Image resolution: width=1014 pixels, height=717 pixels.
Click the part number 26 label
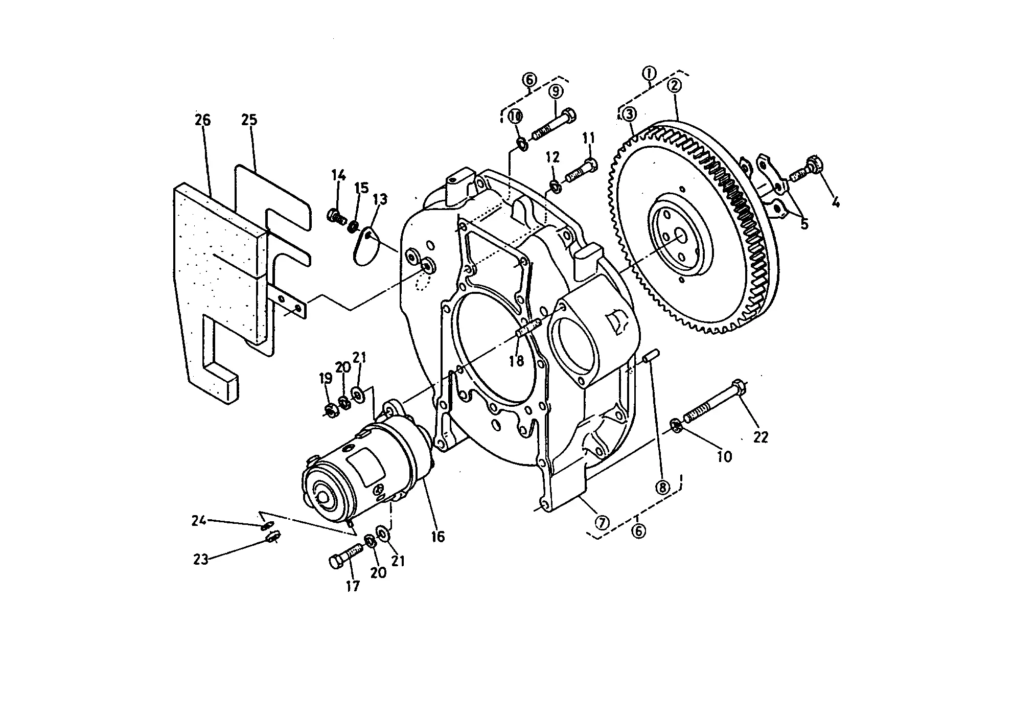[x=202, y=120]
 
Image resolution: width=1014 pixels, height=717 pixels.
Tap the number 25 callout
[x=249, y=120]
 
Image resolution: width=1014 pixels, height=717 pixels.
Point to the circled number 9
[x=556, y=91]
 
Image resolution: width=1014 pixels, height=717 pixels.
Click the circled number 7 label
[x=603, y=522]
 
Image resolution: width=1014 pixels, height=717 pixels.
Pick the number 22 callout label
[x=760, y=437]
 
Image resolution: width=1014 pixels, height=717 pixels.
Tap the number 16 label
[x=438, y=537]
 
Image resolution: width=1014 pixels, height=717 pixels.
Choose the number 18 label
[x=517, y=361]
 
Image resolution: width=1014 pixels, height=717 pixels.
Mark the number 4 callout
[x=835, y=203]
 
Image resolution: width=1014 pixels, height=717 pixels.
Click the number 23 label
[x=200, y=560]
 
